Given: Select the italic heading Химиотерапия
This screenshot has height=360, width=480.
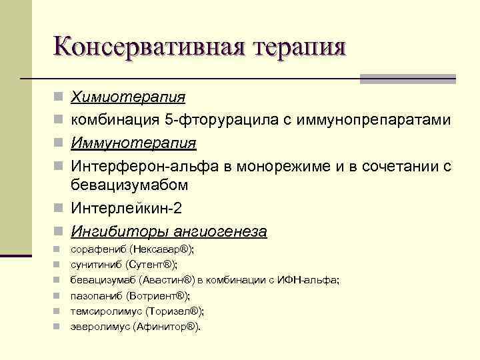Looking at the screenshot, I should (128, 97).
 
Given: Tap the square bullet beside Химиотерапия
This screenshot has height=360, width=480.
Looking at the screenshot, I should (58, 98).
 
